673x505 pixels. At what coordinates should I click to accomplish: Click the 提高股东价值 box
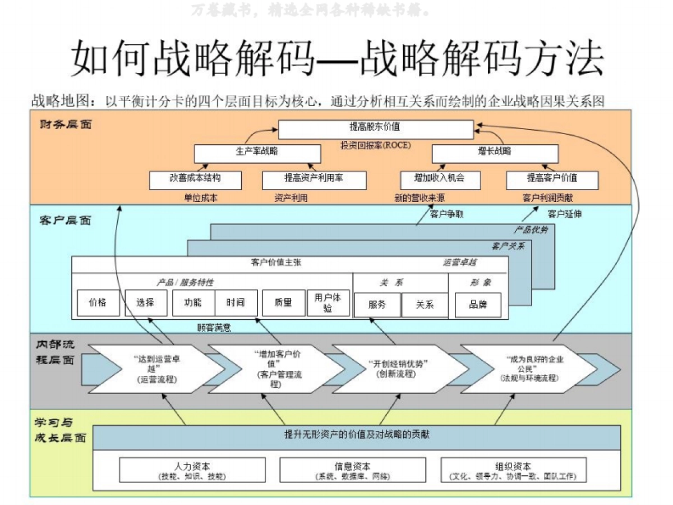(x=376, y=129)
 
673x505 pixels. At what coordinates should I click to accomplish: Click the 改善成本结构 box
(x=195, y=180)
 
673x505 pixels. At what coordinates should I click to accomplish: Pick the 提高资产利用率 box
(x=314, y=180)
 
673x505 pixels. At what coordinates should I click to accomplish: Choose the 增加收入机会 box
(x=440, y=180)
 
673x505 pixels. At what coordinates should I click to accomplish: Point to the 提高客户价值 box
(x=552, y=180)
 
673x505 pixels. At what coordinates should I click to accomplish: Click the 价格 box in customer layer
(x=98, y=303)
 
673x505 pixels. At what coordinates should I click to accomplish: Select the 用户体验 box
(x=328, y=303)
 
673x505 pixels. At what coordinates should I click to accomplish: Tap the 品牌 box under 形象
(x=478, y=305)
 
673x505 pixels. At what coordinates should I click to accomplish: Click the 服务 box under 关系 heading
(x=377, y=305)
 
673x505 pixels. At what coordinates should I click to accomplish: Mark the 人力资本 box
(x=192, y=470)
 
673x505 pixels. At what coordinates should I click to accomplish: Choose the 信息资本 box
(x=352, y=470)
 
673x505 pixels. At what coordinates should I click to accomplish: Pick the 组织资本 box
(x=513, y=470)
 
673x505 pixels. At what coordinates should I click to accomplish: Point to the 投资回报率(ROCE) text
(x=376, y=145)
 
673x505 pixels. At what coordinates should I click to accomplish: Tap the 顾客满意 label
(x=214, y=327)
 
